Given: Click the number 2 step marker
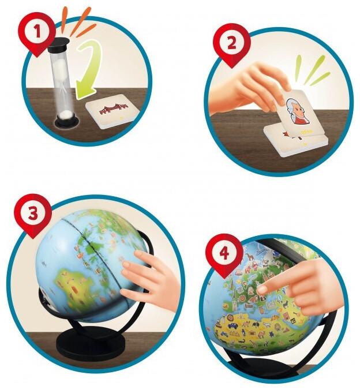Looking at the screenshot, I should pyautogui.click(x=230, y=43).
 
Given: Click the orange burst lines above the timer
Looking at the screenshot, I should pyautogui.click(x=74, y=17).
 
